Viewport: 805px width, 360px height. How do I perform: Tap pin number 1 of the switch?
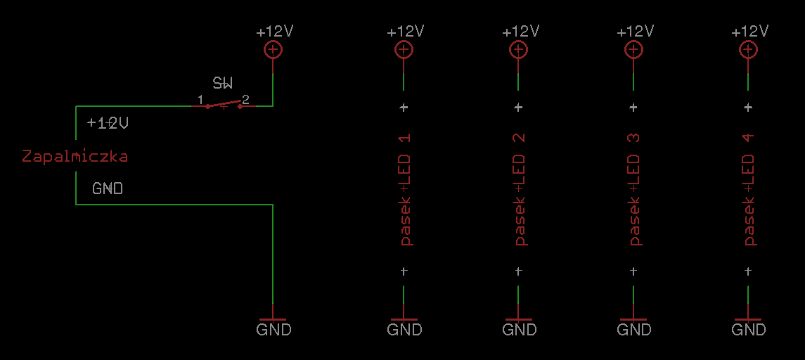click(201, 98)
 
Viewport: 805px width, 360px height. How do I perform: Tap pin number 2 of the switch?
click(246, 98)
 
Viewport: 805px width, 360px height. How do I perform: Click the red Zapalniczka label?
click(75, 156)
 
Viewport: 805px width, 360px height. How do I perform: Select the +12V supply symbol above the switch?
click(273, 50)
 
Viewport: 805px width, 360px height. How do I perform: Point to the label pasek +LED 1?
click(405, 190)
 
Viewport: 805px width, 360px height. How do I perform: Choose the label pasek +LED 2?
click(520, 190)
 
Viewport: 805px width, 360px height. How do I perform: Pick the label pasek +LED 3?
click(635, 190)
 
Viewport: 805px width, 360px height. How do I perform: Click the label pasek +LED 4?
click(749, 190)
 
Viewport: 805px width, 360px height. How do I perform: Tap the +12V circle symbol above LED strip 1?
click(404, 50)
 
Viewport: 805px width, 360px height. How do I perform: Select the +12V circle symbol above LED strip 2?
click(519, 50)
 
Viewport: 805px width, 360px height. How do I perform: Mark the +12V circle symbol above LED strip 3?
click(633, 50)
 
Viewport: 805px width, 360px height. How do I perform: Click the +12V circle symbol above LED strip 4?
click(748, 50)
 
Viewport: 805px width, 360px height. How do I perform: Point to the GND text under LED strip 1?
click(404, 329)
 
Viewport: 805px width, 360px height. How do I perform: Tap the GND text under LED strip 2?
click(520, 329)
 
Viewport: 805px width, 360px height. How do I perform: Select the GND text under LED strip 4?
click(749, 329)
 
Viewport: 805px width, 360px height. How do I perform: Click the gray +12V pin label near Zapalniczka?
click(108, 123)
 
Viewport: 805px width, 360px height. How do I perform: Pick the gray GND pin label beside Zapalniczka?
click(108, 188)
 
